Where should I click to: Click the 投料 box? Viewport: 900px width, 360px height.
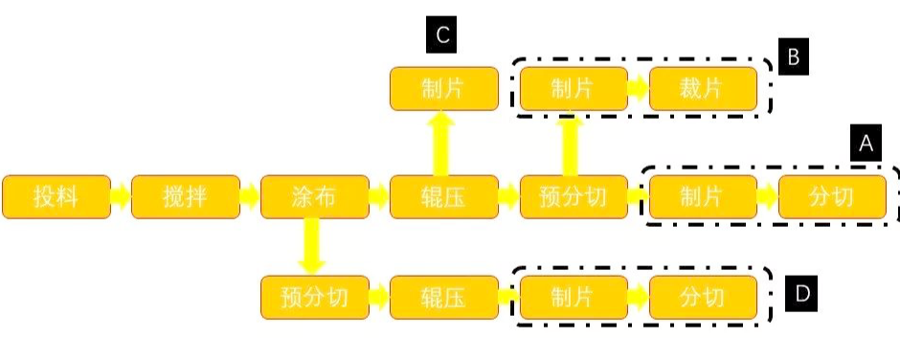pyautogui.click(x=56, y=197)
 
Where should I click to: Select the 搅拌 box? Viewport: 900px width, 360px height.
pyautogui.click(x=185, y=197)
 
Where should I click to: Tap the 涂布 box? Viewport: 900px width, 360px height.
pyautogui.click(x=314, y=197)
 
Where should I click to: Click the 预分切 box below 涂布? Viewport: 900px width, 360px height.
pyautogui.click(x=314, y=298)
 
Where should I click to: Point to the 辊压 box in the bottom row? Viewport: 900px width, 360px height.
pyautogui.click(x=444, y=298)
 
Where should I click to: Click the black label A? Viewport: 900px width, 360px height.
pyautogui.click(x=864, y=144)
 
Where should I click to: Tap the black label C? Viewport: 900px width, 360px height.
pyautogui.click(x=441, y=36)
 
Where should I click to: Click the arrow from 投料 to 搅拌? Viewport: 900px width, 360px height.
pyautogui.click(x=120, y=197)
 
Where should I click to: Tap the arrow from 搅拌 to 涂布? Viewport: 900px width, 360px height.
pyautogui.click(x=249, y=197)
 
